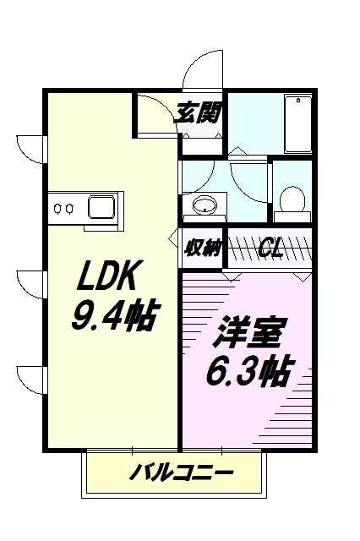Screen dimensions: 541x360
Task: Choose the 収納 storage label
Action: [x=202, y=248]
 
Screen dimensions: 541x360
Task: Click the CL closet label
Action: [x=270, y=248]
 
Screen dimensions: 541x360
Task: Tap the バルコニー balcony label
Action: [x=181, y=472]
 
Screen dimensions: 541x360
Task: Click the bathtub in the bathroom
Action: [x=297, y=125]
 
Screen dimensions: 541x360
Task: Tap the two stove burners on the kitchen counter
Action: [x=65, y=205]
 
